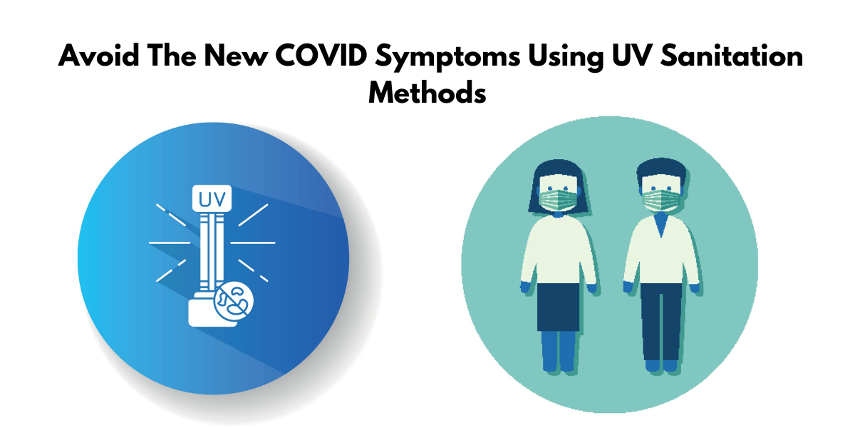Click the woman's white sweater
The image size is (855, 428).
point(556,250)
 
